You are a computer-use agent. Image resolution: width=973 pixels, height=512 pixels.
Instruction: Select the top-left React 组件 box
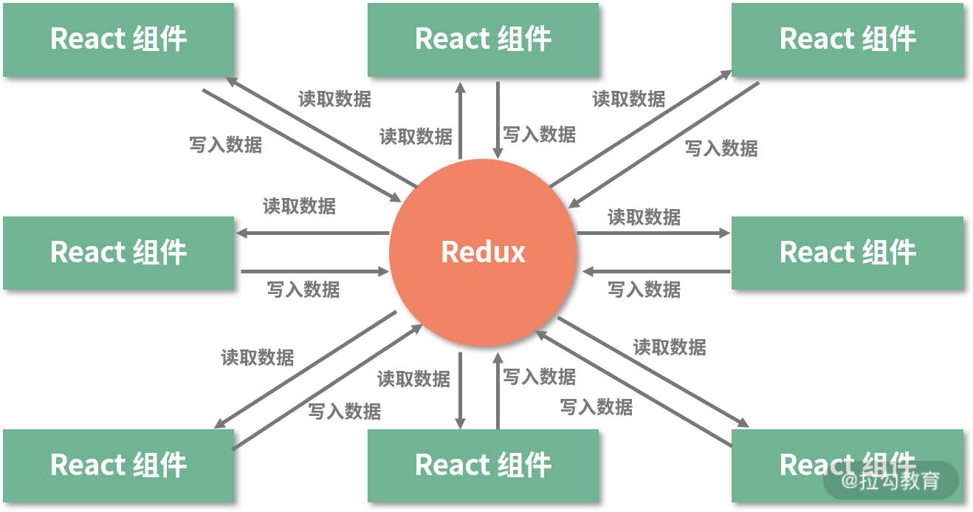[118, 39]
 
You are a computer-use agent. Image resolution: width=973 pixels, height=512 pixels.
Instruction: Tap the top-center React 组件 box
[483, 39]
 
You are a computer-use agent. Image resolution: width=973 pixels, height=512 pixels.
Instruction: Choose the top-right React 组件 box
[847, 39]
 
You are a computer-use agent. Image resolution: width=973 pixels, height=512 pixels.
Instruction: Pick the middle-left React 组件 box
[118, 252]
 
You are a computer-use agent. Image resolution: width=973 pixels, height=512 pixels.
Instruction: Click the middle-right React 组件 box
[847, 252]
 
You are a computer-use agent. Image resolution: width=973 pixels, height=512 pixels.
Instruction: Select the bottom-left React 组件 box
[118, 465]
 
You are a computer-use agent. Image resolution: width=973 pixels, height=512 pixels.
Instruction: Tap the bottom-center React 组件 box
[483, 465]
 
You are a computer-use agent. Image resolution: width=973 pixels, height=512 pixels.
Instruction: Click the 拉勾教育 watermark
[891, 481]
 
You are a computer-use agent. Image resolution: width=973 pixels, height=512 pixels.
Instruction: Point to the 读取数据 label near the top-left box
[334, 99]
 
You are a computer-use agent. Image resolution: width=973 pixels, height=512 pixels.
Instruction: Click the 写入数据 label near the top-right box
[721, 149]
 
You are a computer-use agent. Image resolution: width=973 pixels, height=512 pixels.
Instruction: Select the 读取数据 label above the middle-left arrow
[299, 206]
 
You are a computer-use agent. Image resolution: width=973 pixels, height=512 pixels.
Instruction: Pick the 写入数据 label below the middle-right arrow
[644, 290]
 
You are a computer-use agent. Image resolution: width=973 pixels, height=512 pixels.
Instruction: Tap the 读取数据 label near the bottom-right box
[670, 347]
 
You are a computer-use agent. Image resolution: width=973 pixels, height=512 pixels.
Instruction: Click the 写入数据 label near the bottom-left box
[344, 411]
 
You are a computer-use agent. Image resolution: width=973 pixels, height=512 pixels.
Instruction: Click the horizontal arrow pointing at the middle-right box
[653, 233]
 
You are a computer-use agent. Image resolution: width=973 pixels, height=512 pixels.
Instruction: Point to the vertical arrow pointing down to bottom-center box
[460, 391]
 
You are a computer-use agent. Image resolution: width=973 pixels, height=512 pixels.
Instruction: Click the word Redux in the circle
[483, 252]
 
